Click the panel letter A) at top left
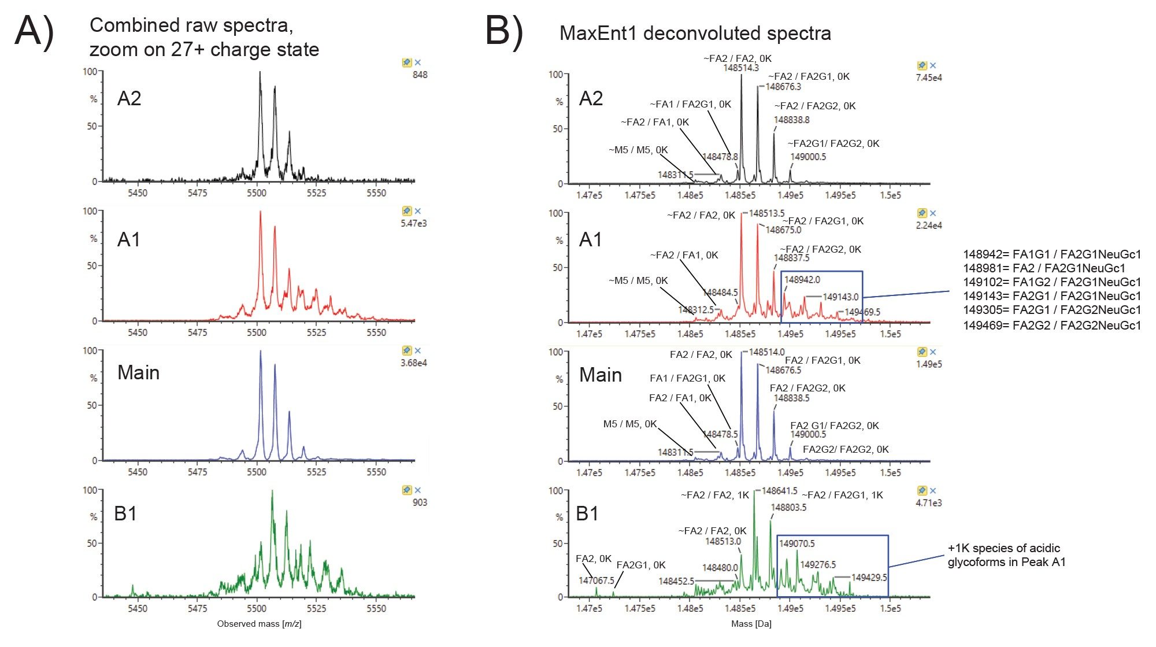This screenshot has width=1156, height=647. pyautogui.click(x=34, y=31)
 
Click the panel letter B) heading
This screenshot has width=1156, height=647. pyautogui.click(x=504, y=31)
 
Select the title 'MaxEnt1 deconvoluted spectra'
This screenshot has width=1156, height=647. pyautogui.click(x=695, y=34)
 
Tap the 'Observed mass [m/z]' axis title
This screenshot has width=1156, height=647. pyautogui.click(x=259, y=624)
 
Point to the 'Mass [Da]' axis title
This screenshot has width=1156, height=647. pyautogui.click(x=751, y=624)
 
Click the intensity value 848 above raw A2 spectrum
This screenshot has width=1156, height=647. pyautogui.click(x=420, y=75)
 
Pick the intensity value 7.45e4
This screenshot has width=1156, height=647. pyautogui.click(x=928, y=77)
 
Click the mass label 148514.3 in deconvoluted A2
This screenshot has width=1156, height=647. pyautogui.click(x=740, y=68)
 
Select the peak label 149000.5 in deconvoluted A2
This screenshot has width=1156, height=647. pyautogui.click(x=808, y=157)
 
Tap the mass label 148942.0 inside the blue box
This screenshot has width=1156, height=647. pyautogui.click(x=802, y=280)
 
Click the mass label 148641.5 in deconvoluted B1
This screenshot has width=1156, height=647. pyautogui.click(x=779, y=491)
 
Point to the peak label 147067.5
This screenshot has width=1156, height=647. pyautogui.click(x=596, y=580)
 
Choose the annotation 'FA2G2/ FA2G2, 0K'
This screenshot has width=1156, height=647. pyautogui.click(x=846, y=449)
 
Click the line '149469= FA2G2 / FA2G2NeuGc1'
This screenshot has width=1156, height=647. pyautogui.click(x=1051, y=326)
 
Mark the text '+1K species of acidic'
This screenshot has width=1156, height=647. pyautogui.click(x=1003, y=548)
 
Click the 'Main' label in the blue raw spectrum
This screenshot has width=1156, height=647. pyautogui.click(x=138, y=373)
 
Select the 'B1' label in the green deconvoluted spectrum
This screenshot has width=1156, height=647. pyautogui.click(x=587, y=513)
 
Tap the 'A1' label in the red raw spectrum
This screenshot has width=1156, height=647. pyautogui.click(x=128, y=239)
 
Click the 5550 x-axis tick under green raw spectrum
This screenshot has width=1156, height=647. pyautogui.click(x=376, y=608)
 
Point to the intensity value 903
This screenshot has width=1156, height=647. pyautogui.click(x=420, y=502)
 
